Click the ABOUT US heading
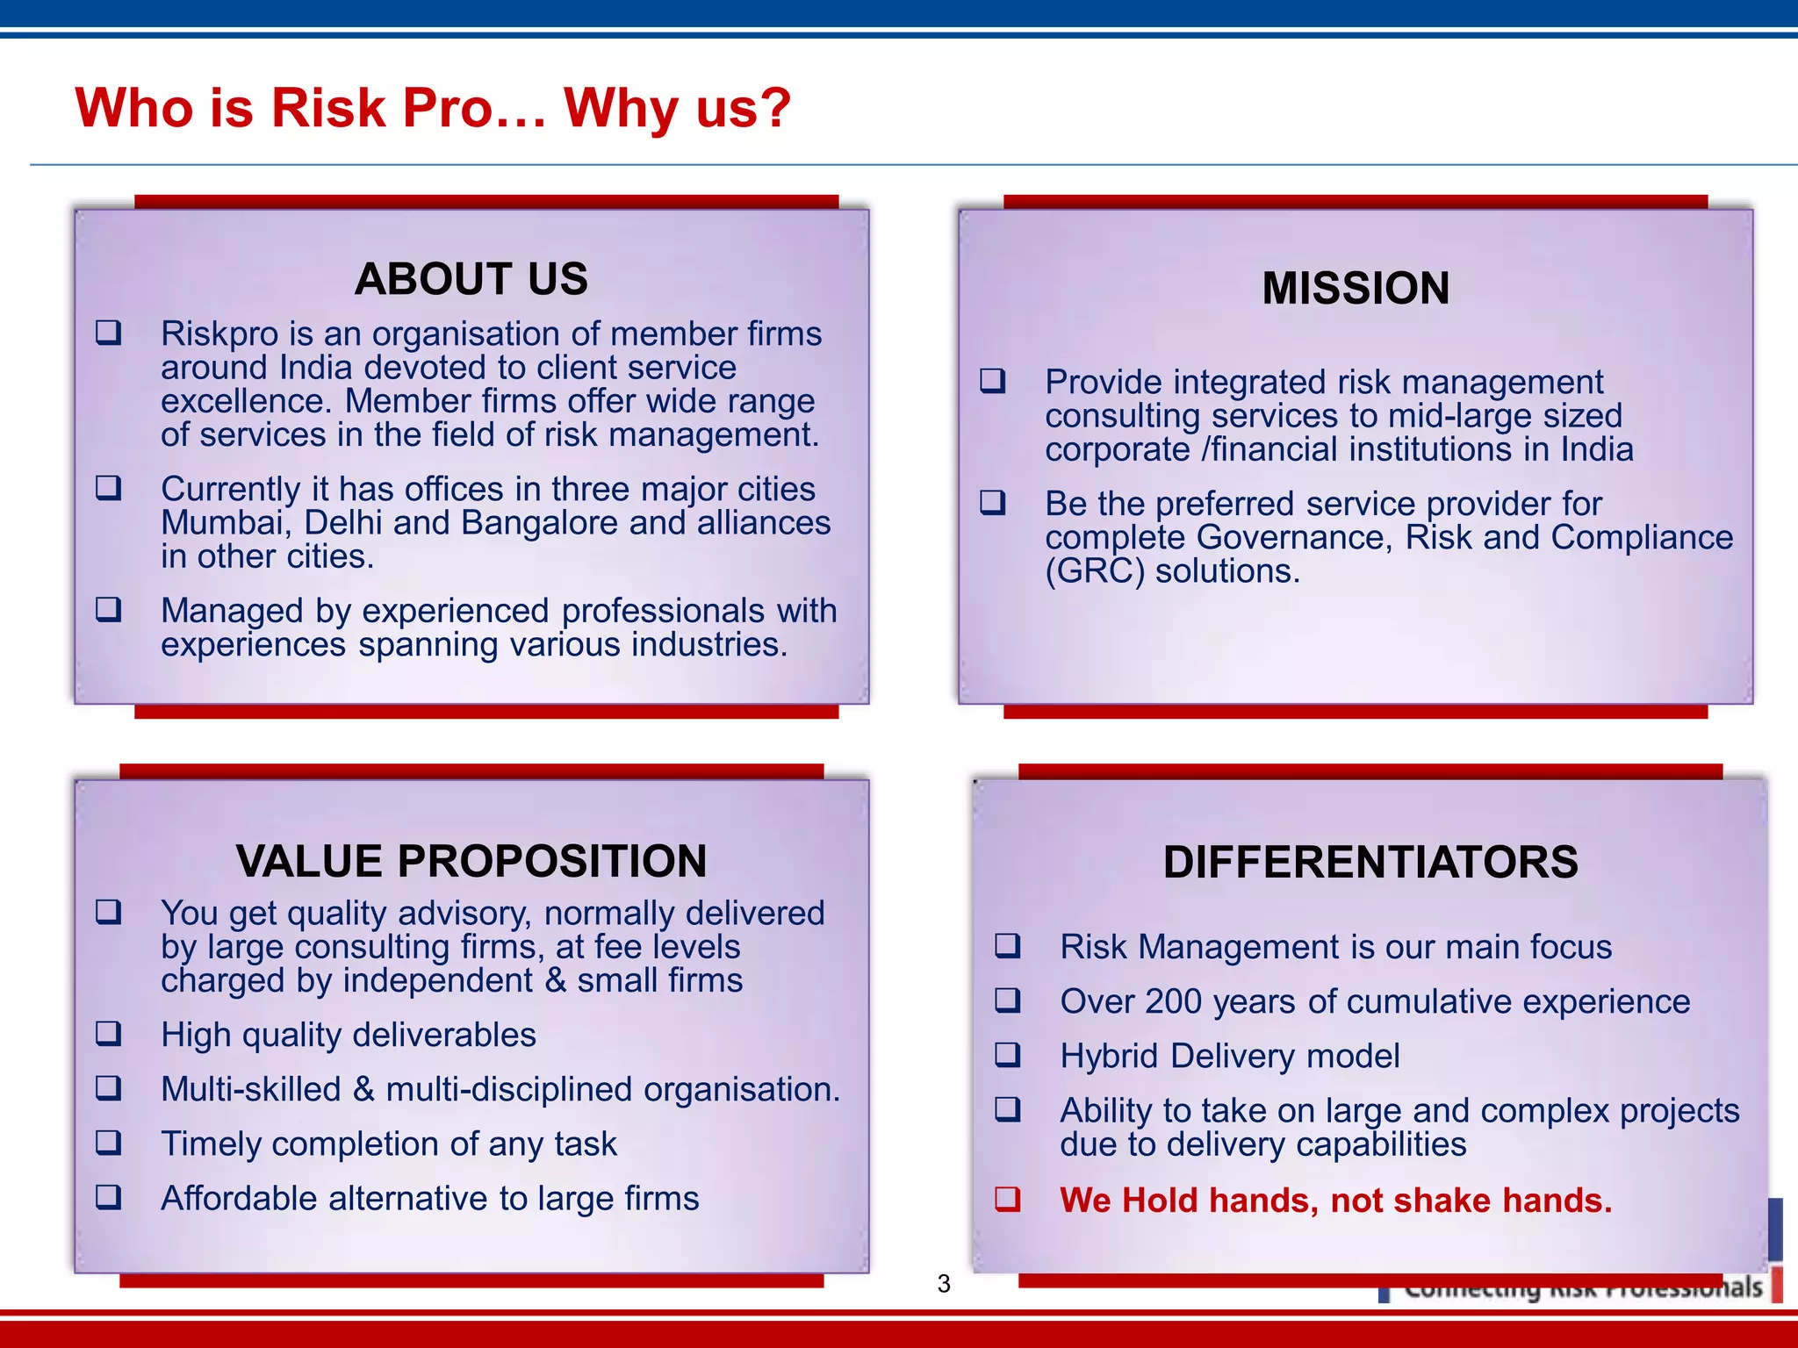click(x=471, y=279)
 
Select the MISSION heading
click(x=1356, y=289)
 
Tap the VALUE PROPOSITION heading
click(x=471, y=861)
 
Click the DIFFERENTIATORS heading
click(x=1370, y=862)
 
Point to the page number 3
click(x=944, y=1284)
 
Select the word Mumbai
click(x=224, y=523)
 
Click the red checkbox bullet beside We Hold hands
click(x=1008, y=1199)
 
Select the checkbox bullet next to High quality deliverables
click(x=109, y=1034)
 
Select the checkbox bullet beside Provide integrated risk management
click(x=993, y=381)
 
